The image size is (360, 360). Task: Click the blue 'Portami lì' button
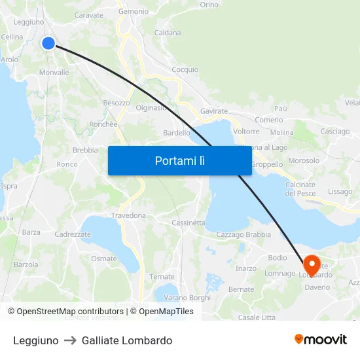[179, 160]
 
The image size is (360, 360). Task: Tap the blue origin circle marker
[48, 43]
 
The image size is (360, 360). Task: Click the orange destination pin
[312, 264]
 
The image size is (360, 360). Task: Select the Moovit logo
[321, 340]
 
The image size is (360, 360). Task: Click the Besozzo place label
[117, 103]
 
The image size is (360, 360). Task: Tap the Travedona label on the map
[128, 215]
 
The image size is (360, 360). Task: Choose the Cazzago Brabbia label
[243, 234]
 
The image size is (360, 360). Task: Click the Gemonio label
[134, 12]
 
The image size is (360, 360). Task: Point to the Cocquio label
[185, 69]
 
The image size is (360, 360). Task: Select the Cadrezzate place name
[73, 234]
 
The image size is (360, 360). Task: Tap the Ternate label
[162, 277]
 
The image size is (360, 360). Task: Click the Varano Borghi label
[187, 298]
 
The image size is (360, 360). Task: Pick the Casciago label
[335, 132]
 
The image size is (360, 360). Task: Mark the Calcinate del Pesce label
[300, 189]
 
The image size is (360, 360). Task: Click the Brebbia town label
[85, 150]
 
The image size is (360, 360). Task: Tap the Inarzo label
[246, 268]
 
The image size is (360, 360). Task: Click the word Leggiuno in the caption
[35, 340]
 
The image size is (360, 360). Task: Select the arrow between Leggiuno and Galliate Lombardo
[70, 340]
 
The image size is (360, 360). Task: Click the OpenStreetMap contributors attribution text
[65, 312]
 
